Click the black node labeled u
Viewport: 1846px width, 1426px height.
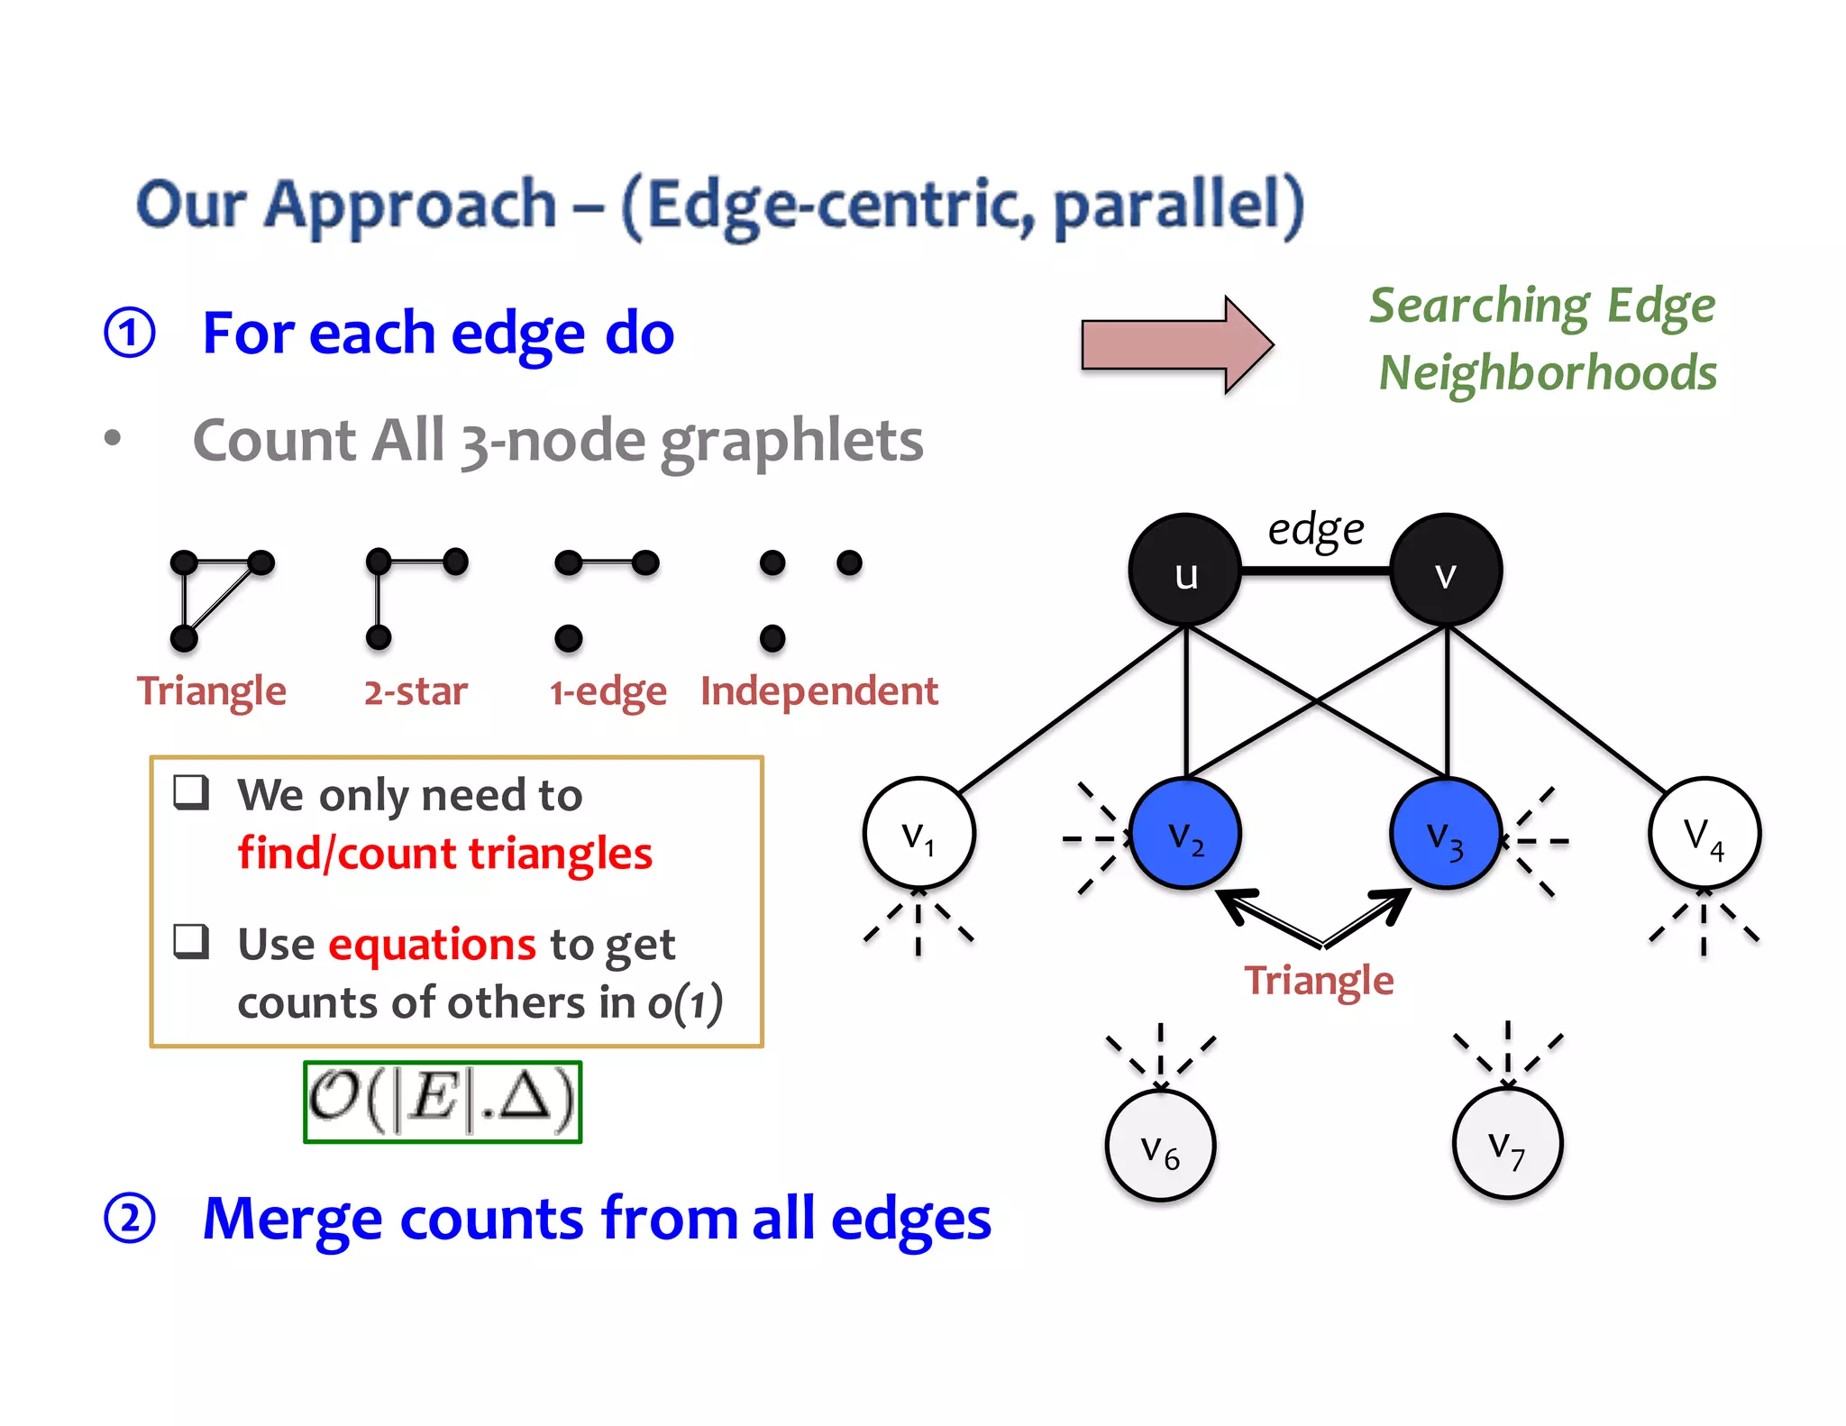1184,571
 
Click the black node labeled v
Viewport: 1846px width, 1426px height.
1445,571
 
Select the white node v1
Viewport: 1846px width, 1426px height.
918,833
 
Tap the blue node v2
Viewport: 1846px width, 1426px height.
1185,834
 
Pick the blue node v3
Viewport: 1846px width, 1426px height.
1445,834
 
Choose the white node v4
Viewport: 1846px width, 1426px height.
1704,833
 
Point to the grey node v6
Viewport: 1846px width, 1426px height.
1160,1146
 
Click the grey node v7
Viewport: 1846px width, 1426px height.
1507,1144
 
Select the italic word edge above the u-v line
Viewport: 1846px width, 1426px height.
1315,529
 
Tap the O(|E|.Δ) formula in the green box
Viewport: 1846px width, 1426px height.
443,1101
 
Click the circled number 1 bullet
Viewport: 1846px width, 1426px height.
130,333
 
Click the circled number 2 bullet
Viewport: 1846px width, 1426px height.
130,1219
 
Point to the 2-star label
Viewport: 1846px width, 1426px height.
416,691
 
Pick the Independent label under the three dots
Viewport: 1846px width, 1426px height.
818,691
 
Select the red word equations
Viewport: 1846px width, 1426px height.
432,944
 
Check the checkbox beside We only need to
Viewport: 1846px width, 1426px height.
191,792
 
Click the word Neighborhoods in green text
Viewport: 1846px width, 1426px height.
1547,372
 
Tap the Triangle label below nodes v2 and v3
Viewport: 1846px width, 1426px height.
1318,980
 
